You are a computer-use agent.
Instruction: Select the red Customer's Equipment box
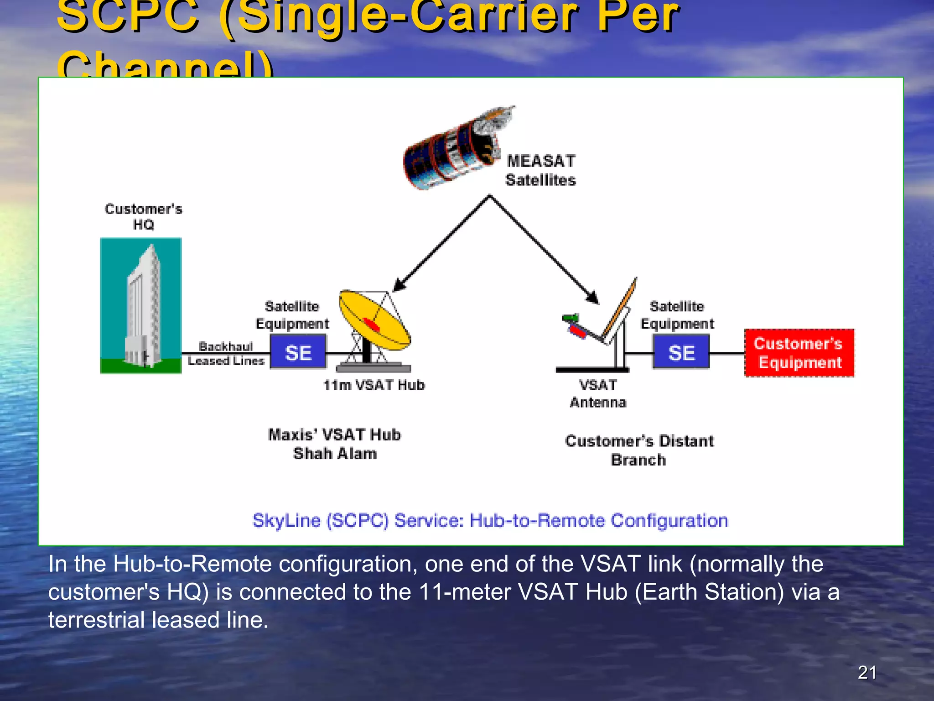[799, 353]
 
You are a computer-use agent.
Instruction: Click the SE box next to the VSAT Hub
[298, 352]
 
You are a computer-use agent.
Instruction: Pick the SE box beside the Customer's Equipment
[681, 352]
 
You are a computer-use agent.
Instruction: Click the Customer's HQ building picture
[141, 305]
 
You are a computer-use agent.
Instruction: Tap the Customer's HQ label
[143, 216]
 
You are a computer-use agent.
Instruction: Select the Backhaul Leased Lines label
[226, 353]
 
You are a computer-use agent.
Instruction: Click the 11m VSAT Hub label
[374, 385]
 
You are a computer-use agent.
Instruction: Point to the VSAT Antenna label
[598, 393]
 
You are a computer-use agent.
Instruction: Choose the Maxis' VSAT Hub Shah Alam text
[335, 444]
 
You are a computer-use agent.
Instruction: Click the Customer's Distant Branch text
[639, 450]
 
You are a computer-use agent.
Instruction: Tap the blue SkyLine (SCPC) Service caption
[490, 521]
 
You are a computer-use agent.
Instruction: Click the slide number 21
[867, 672]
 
